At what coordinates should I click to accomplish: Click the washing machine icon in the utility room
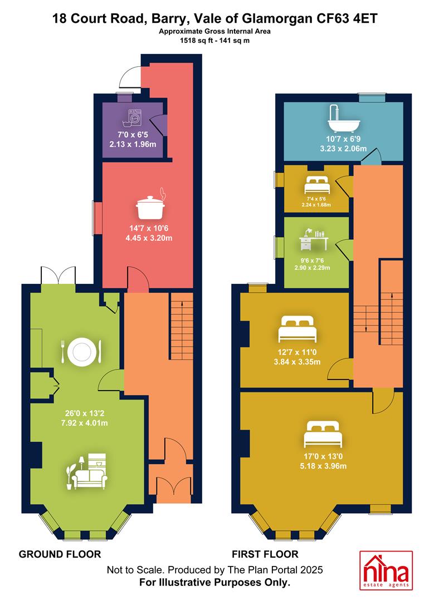(x=133, y=117)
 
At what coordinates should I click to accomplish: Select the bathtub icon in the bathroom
(x=343, y=117)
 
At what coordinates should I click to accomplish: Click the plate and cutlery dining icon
(x=81, y=352)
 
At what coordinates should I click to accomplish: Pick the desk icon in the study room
(x=314, y=239)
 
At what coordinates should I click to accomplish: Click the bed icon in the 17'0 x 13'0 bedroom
(x=322, y=434)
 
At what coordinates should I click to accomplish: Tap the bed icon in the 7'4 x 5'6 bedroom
(x=317, y=185)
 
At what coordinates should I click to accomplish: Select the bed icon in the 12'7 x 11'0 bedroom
(x=298, y=329)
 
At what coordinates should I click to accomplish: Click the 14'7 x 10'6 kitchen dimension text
(x=149, y=229)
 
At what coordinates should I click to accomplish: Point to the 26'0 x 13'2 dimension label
(x=85, y=413)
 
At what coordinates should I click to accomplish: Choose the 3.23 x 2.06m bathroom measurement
(x=343, y=149)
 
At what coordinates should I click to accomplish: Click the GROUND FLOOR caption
(x=60, y=554)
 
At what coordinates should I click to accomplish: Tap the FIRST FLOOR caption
(x=265, y=554)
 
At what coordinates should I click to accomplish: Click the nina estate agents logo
(x=386, y=570)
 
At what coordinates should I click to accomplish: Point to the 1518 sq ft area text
(x=194, y=40)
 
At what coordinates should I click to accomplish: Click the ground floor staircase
(x=182, y=326)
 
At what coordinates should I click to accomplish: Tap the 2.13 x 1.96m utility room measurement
(x=133, y=145)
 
